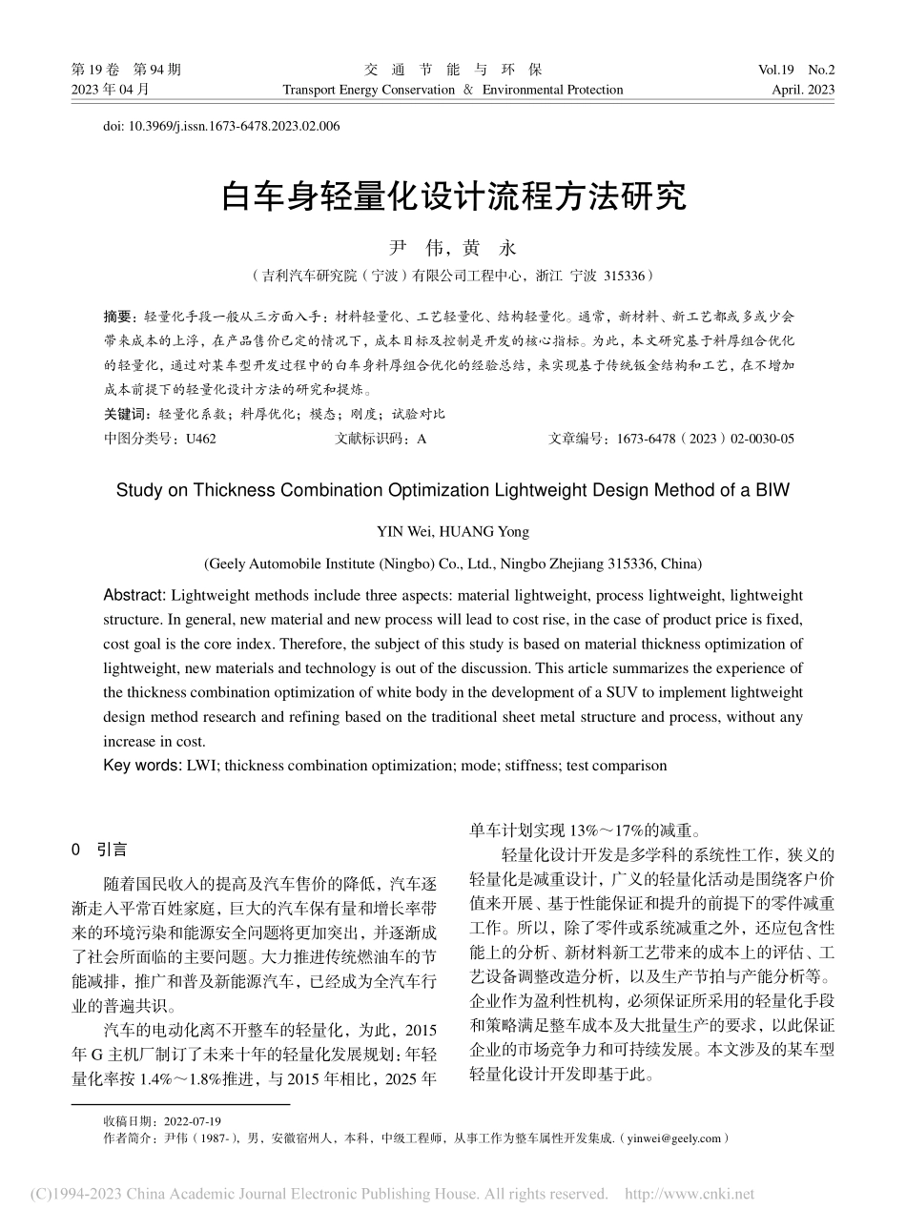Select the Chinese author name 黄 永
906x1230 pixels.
pos(488,248)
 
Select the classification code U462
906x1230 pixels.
pos(201,439)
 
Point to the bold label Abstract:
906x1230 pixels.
pos(134,595)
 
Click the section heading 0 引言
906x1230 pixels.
pos(100,850)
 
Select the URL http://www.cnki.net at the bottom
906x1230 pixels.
pos(688,1194)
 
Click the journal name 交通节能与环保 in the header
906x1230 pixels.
pos(453,70)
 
